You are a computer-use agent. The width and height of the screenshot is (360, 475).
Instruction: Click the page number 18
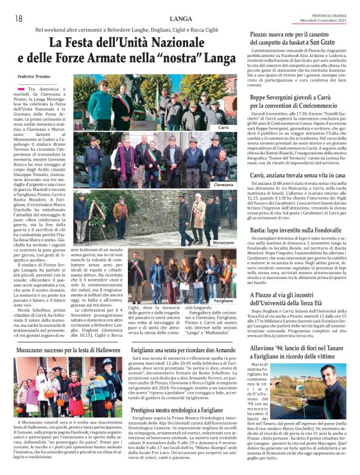tap(19, 19)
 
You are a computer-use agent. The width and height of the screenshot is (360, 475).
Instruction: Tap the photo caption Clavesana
tap(223, 185)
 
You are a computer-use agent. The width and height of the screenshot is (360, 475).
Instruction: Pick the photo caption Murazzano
tap(223, 242)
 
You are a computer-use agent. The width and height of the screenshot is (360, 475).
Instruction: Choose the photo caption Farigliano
tap(223, 300)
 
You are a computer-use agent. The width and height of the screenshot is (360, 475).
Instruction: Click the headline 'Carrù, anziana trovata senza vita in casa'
tap(297, 175)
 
